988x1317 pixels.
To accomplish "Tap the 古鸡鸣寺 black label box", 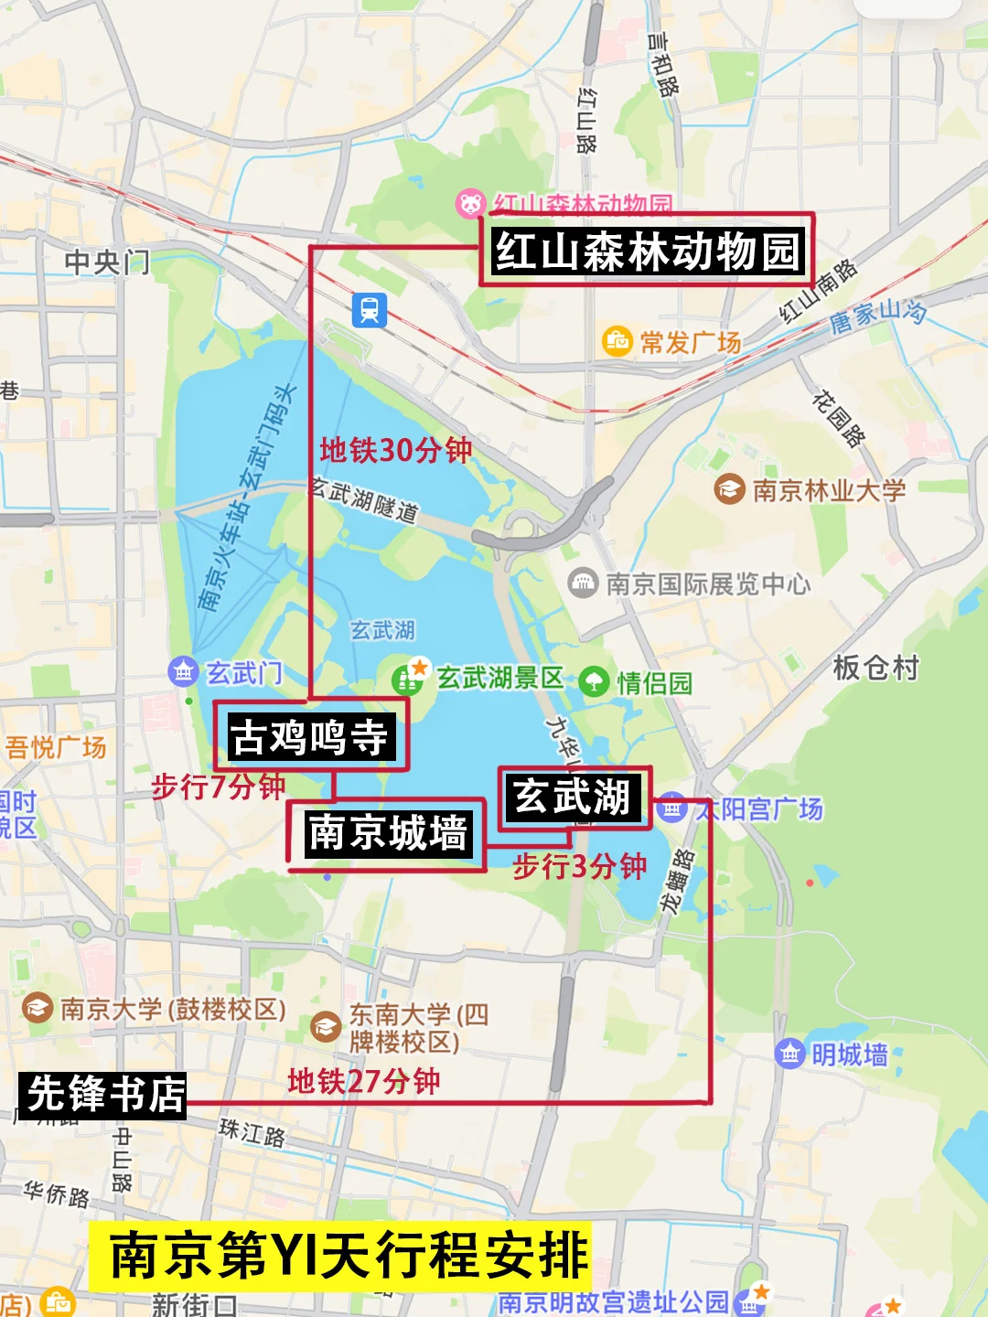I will [310, 737].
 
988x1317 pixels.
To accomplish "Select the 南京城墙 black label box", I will [388, 833].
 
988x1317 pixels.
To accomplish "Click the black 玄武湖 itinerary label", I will [573, 797].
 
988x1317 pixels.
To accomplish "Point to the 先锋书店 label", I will [104, 1095].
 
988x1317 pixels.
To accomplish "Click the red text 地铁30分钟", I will [395, 450].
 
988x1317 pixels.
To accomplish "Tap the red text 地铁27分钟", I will [364, 1082].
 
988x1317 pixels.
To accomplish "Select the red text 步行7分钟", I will [218, 787].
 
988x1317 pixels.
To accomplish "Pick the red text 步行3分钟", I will [579, 865].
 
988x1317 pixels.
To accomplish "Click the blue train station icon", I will [370, 311].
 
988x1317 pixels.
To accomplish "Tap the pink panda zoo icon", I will [470, 204].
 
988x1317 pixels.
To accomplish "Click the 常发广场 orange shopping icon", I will [617, 341].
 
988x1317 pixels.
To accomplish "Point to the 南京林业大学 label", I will [828, 490].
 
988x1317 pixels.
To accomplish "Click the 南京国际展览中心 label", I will [707, 584].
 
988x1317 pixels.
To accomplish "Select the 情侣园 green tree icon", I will [594, 681].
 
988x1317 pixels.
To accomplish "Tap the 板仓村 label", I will [875, 668].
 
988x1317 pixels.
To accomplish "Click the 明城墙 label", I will [849, 1055].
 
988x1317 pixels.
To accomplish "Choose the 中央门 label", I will [107, 262].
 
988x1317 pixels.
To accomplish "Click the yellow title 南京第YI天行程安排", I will [349, 1256].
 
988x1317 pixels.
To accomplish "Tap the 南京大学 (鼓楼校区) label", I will [172, 1009].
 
